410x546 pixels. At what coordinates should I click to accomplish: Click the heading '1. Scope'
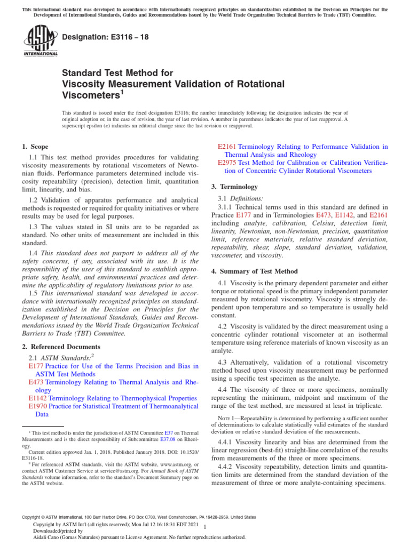point(35,147)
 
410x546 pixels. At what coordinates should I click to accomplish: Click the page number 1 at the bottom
point(206,527)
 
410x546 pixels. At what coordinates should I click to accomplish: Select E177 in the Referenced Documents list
point(35,366)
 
